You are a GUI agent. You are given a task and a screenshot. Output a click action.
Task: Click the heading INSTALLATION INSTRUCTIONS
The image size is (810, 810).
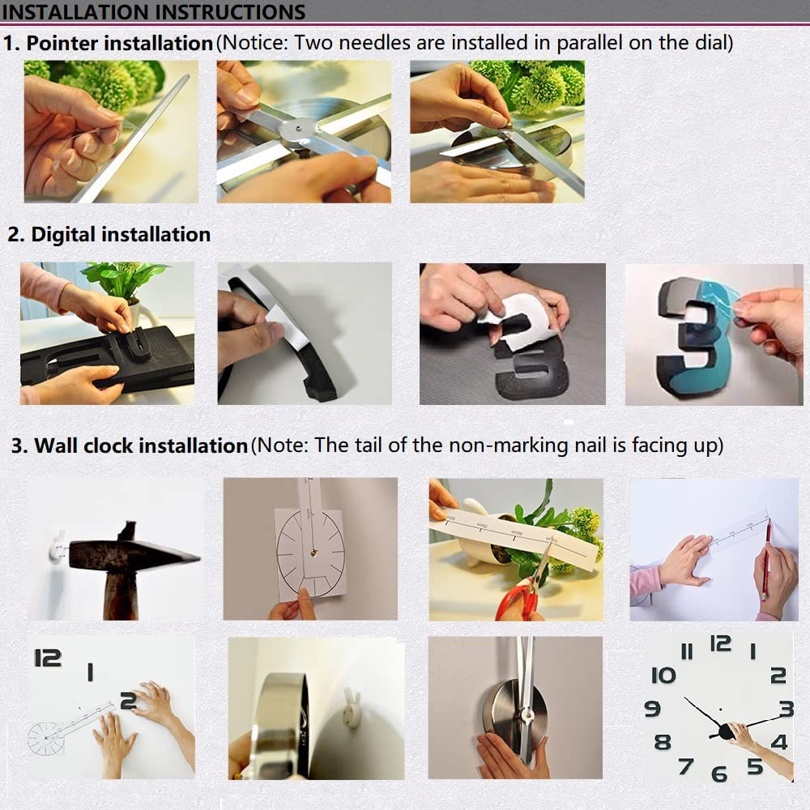[154, 11]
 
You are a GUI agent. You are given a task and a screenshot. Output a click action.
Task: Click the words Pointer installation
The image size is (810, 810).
[119, 43]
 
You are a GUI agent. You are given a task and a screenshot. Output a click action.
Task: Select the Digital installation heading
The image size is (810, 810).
[121, 234]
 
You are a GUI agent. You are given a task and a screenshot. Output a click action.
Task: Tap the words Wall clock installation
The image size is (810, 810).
[141, 446]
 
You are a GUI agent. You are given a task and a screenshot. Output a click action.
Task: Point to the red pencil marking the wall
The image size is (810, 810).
[765, 560]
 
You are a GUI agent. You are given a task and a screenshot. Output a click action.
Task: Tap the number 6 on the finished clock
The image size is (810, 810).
[719, 774]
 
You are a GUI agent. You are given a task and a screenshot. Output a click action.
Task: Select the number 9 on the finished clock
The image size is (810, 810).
[652, 708]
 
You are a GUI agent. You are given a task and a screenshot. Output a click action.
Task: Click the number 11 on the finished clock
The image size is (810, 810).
[687, 651]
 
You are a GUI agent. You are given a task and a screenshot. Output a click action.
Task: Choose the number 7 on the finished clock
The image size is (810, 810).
[686, 766]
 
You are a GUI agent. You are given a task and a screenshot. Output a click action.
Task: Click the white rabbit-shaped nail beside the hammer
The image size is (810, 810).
[58, 548]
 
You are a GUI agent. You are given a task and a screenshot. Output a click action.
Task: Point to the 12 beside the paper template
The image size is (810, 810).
[48, 658]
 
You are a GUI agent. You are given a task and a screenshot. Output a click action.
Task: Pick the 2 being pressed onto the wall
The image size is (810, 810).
[129, 701]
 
